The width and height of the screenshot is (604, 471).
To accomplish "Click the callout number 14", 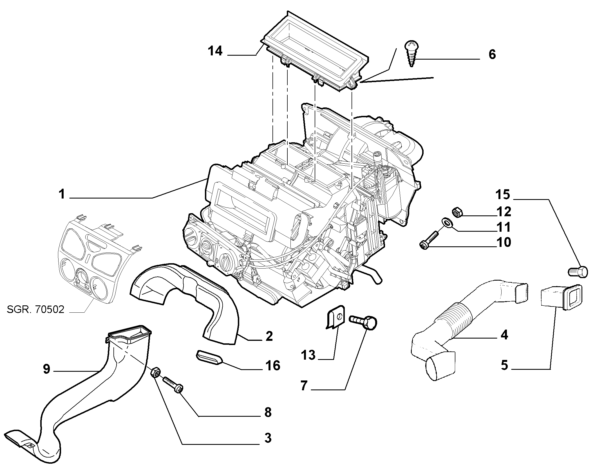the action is pyautogui.click(x=215, y=51).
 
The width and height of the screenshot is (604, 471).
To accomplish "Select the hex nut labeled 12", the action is pyautogui.click(x=457, y=212).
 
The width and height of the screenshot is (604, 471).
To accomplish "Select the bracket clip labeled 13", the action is pyautogui.click(x=337, y=318).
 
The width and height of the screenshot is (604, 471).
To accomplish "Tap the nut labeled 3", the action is pyautogui.click(x=156, y=373).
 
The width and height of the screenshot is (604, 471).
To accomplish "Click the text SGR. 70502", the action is pyautogui.click(x=36, y=309).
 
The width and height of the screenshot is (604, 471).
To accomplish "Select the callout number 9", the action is pyautogui.click(x=47, y=369).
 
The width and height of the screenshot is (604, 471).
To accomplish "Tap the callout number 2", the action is pyautogui.click(x=269, y=336).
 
